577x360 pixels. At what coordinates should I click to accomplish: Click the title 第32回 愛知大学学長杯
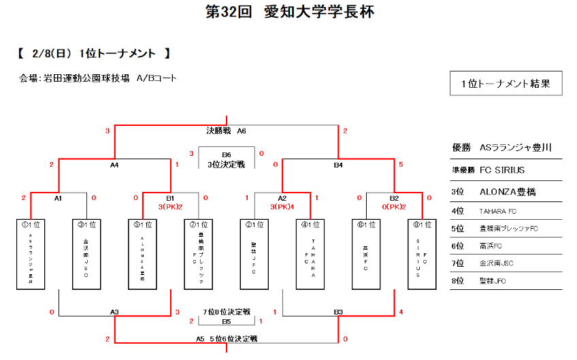pyautogui.click(x=289, y=12)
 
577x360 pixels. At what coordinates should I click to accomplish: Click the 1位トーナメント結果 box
pyautogui.click(x=506, y=84)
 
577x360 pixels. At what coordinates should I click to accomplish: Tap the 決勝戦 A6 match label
pyautogui.click(x=226, y=130)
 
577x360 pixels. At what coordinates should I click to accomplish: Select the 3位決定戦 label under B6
pyautogui.click(x=226, y=164)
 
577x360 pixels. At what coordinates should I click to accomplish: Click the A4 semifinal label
pyautogui.click(x=114, y=164)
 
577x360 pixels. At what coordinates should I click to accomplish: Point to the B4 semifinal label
pyautogui.click(x=337, y=164)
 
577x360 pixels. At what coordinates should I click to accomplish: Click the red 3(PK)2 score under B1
pyautogui.click(x=170, y=206)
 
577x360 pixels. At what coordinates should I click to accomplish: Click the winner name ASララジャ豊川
pyautogui.click(x=515, y=147)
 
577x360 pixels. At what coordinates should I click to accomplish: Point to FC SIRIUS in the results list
pyautogui.click(x=502, y=169)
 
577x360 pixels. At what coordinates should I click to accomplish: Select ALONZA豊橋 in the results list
pyautogui.click(x=507, y=192)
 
